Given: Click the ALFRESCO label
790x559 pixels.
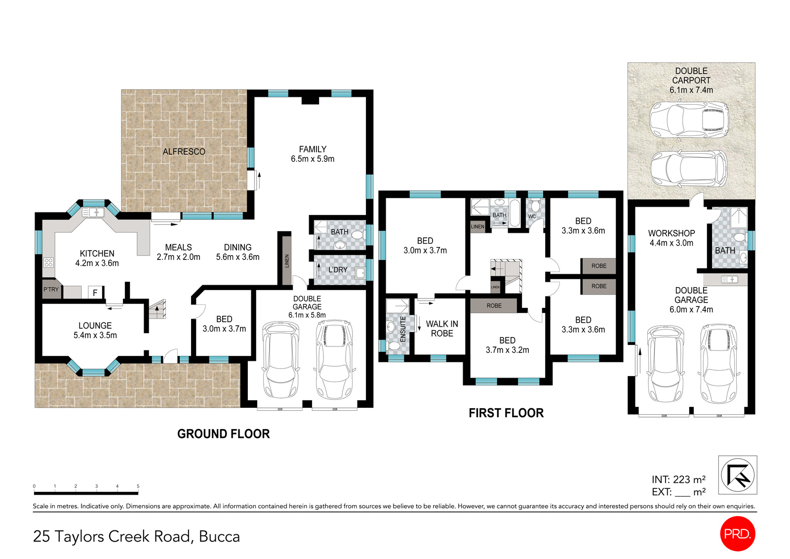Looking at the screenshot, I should [x=184, y=152].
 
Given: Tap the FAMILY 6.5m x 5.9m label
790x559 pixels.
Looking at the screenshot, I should [x=313, y=154].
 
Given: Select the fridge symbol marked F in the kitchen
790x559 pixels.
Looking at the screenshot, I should [x=95, y=293].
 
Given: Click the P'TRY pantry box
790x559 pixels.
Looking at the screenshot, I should [x=51, y=290].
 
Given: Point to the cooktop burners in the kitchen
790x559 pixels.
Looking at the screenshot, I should [x=48, y=262].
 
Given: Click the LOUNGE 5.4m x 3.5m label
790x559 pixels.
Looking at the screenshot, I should [x=95, y=330].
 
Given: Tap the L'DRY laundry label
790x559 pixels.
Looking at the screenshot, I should [x=338, y=270].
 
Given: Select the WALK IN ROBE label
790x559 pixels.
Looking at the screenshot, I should [x=442, y=329].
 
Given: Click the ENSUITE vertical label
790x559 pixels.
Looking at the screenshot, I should [x=403, y=329].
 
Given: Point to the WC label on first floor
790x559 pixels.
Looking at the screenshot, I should [x=532, y=216].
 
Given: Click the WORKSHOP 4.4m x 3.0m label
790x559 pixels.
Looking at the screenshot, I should [x=671, y=238].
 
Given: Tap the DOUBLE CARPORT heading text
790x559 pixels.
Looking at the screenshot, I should [x=691, y=76].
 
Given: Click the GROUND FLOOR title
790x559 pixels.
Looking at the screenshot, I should [x=223, y=434].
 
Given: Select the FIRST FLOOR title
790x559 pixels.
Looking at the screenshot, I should [x=506, y=413].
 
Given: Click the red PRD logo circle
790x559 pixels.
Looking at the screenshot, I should [x=738, y=533].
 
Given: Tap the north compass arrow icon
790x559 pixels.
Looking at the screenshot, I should [x=738, y=474].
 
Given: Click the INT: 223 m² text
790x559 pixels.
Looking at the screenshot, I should [x=678, y=479].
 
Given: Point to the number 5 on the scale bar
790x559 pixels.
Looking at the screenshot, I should [x=138, y=486].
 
